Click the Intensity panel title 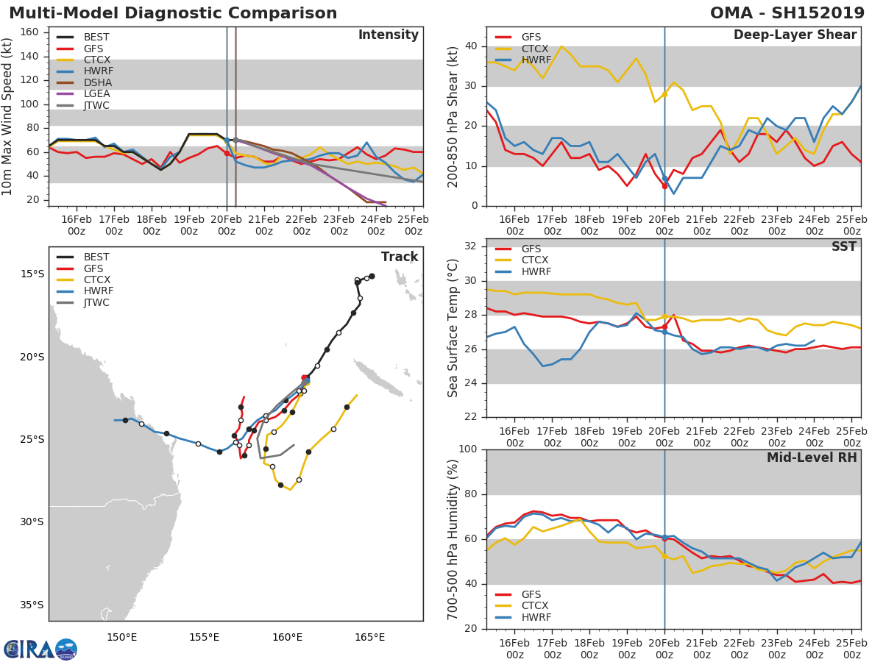pyautogui.click(x=388, y=35)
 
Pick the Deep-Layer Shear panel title pyautogui.click(x=795, y=35)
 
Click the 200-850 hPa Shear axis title pyautogui.click(x=454, y=116)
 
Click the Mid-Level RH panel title pyautogui.click(x=812, y=458)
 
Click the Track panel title pyautogui.click(x=399, y=257)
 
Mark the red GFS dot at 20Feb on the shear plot pyautogui.click(x=664, y=186)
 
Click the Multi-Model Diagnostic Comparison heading pyautogui.click(x=173, y=13)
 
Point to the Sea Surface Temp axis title pyautogui.click(x=454, y=327)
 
